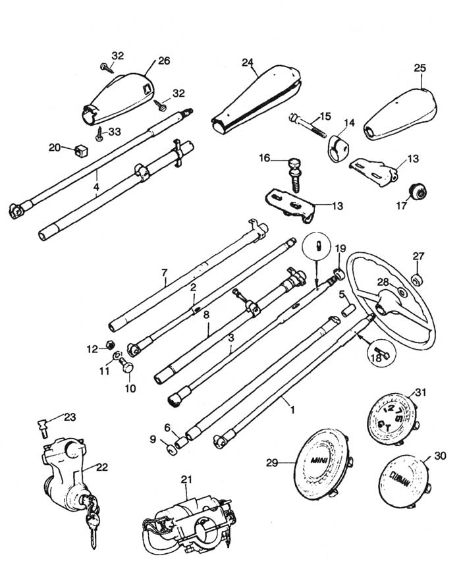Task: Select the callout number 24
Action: pos(248,63)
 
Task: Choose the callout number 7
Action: pos(165,272)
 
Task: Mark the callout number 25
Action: pos(420,68)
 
